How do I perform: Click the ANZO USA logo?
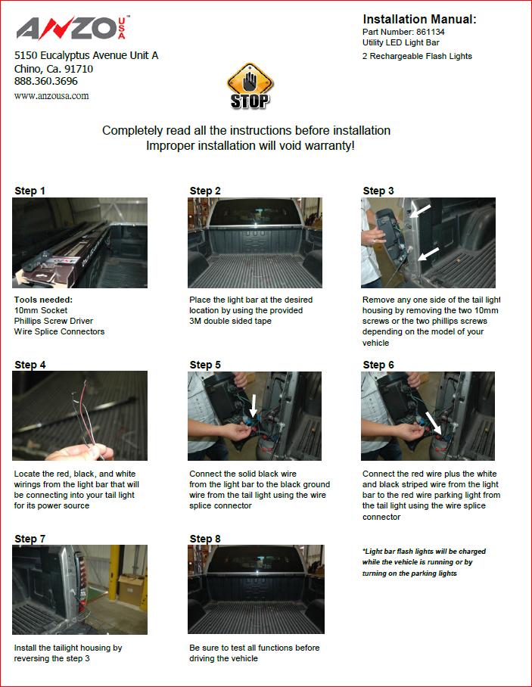click(73, 29)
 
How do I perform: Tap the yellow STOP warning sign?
click(250, 86)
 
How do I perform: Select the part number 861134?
click(431, 32)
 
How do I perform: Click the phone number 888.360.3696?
click(46, 81)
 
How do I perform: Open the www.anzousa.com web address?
click(51, 96)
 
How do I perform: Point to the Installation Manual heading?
click(419, 19)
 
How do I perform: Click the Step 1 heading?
click(30, 191)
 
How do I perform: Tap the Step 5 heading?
click(205, 365)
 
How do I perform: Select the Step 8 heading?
click(205, 539)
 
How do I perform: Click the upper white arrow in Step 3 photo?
click(421, 210)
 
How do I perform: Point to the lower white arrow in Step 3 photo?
click(428, 254)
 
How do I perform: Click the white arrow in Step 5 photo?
click(254, 406)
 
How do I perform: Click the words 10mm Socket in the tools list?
click(41, 310)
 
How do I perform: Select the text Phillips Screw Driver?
click(54, 321)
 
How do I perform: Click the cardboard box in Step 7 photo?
click(131, 589)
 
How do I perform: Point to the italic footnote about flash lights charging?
click(424, 562)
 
